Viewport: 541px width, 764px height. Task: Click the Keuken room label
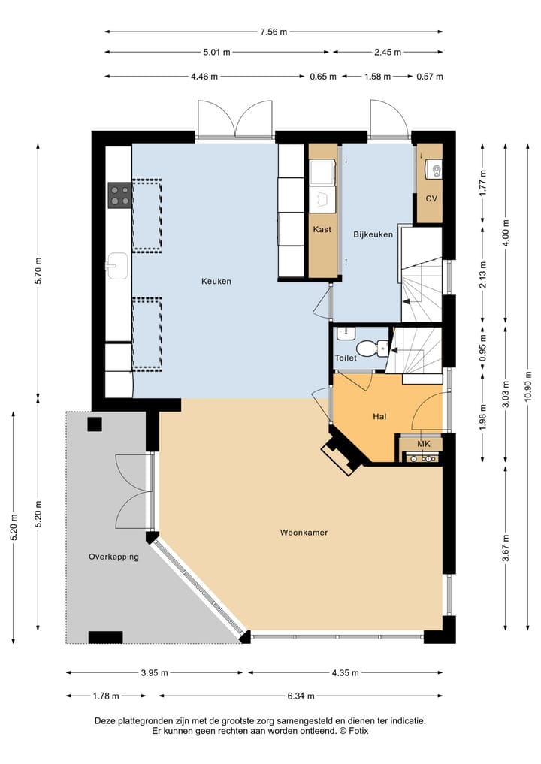216,281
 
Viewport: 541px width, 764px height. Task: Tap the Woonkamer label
304,533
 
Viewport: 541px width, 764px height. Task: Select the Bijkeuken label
373,234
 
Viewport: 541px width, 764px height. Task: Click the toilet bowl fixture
368,349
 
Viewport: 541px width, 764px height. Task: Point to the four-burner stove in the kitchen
120,195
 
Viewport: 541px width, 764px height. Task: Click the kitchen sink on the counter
117,265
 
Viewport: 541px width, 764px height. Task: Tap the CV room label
431,199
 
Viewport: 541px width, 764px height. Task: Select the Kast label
322,229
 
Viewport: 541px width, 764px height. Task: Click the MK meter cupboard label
424,444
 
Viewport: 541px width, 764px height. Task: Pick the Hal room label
379,417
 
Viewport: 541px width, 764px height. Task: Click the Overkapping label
113,557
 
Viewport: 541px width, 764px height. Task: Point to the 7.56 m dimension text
274,32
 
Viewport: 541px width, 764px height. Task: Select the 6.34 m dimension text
301,696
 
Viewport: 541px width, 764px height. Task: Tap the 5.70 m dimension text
38,270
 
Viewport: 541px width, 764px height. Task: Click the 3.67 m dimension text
506,548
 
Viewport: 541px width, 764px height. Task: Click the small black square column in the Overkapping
95,424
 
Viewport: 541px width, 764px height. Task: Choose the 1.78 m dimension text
106,696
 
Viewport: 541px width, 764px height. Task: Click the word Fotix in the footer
358,731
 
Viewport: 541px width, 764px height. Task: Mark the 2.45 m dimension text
388,52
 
